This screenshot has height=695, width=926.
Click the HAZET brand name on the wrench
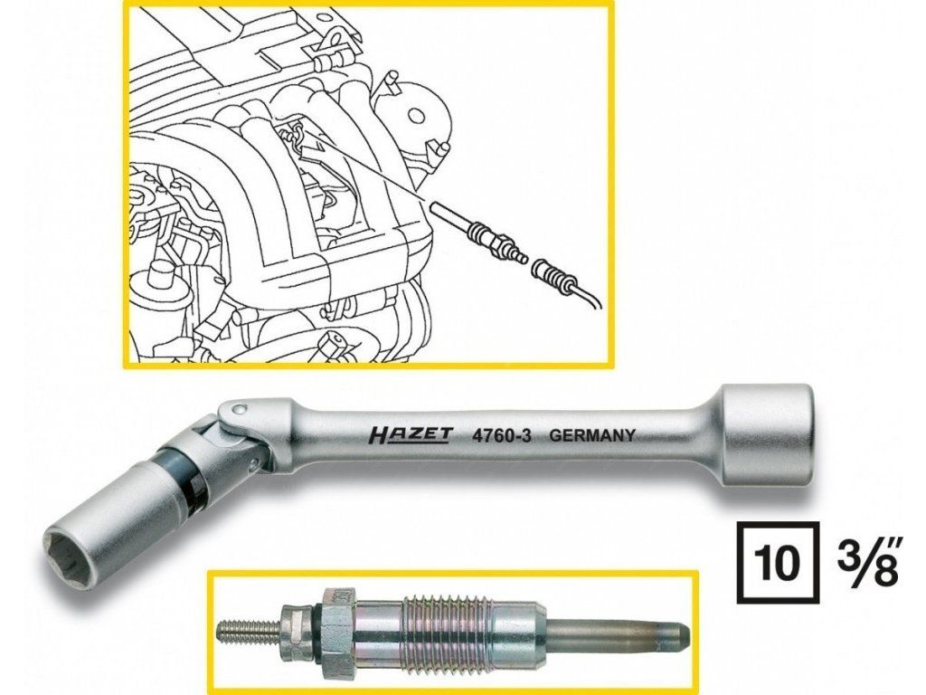pyautogui.click(x=410, y=435)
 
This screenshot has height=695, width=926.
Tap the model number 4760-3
pyautogui.click(x=500, y=434)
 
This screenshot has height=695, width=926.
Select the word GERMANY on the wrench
pyautogui.click(x=592, y=433)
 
